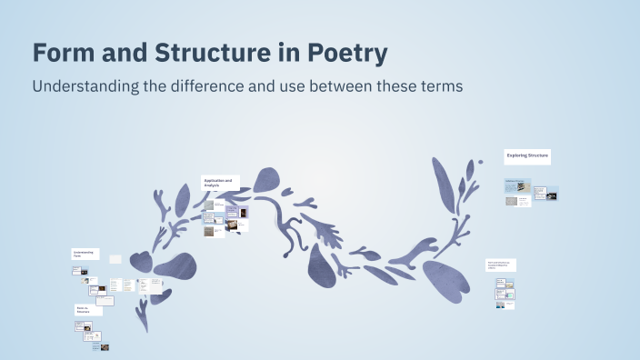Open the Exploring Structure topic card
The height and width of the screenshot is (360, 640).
coord(527,156)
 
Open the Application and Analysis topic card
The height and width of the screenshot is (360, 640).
coord(220,183)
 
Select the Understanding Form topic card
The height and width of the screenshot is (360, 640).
coord(85,255)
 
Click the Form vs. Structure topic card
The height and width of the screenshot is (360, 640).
coord(87,310)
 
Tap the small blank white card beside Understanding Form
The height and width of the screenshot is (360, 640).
coord(115,259)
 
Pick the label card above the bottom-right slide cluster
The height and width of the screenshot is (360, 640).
coord(500,265)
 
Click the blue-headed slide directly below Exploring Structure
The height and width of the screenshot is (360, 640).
coord(516,185)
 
